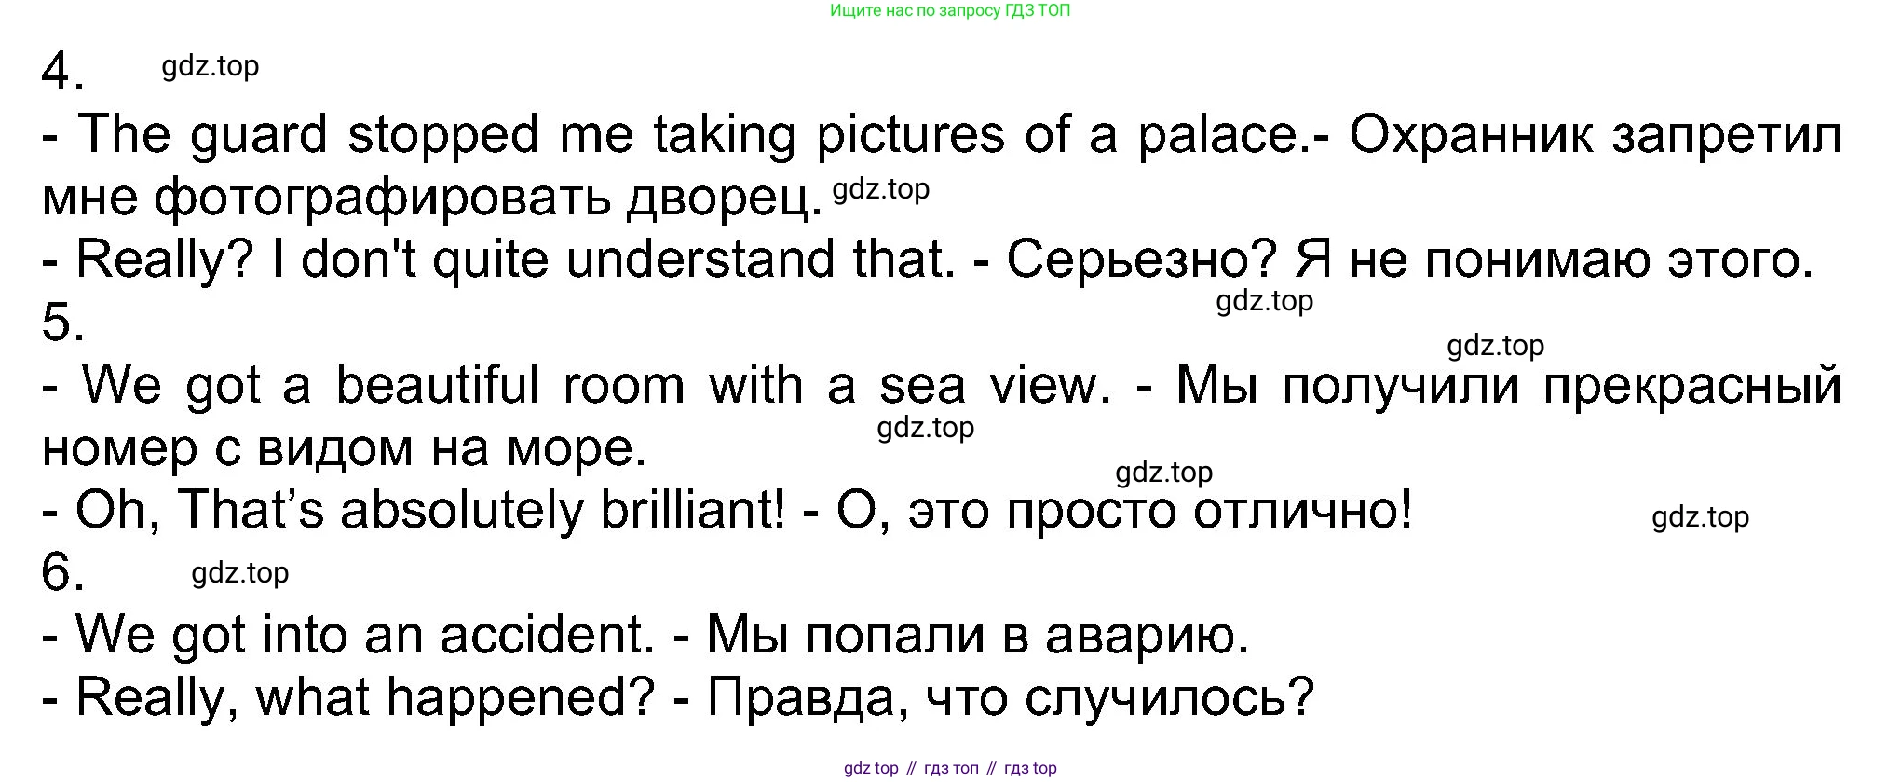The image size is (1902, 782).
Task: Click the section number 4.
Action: tap(63, 71)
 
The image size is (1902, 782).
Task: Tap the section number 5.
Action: tap(63, 322)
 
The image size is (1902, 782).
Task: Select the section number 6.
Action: tap(63, 571)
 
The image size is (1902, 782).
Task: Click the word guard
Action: tap(258, 136)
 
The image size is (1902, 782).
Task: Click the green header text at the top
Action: tap(950, 11)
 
